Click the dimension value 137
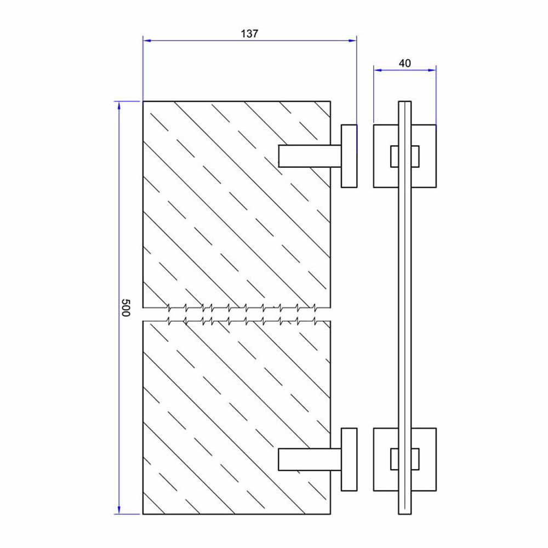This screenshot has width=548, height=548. pyautogui.click(x=249, y=33)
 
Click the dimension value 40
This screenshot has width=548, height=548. pyautogui.click(x=404, y=63)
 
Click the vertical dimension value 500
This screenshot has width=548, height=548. pyautogui.click(x=125, y=308)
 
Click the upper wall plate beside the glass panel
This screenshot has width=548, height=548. pyautogui.click(x=349, y=156)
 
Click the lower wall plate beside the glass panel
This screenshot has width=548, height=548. pyautogui.click(x=349, y=459)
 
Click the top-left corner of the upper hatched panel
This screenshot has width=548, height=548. pyautogui.click(x=143, y=101)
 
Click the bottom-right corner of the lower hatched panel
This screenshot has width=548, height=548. pyautogui.click(x=330, y=514)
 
